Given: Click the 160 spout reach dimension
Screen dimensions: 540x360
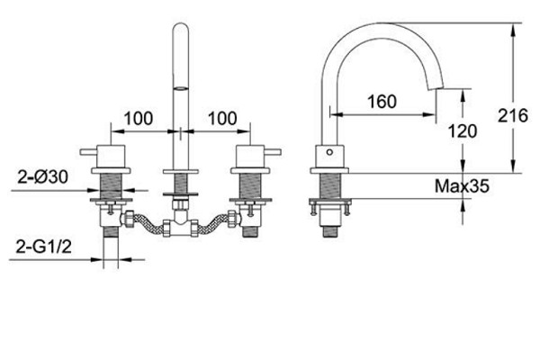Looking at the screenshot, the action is [x=382, y=102].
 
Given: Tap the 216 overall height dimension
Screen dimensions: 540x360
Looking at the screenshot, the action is [x=513, y=115].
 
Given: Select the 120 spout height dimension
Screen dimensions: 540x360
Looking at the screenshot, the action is [x=463, y=130].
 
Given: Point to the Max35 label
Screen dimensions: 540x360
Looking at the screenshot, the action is [x=462, y=186].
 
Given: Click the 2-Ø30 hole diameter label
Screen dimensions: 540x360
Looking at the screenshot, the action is [x=43, y=177].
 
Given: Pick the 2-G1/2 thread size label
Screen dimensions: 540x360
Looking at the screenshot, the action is [x=44, y=247].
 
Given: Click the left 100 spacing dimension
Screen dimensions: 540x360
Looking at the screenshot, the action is [x=138, y=119].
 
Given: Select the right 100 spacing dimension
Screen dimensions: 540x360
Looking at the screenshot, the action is [x=222, y=119].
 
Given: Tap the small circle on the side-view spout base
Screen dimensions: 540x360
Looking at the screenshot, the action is [x=329, y=152].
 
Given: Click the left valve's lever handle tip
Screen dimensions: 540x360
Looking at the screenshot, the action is [x=82, y=152].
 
